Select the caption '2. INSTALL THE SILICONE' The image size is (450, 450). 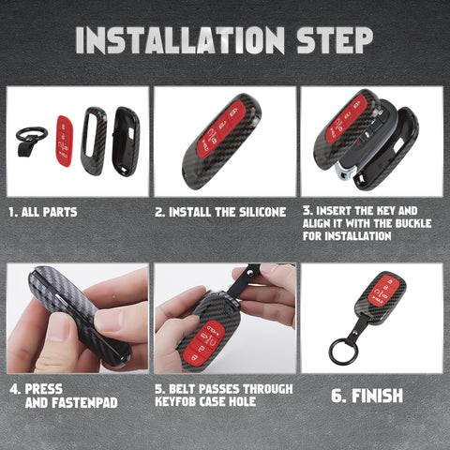tap(220, 212)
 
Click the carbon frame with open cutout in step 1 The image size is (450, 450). tap(94, 141)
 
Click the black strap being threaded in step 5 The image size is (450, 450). tap(249, 278)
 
